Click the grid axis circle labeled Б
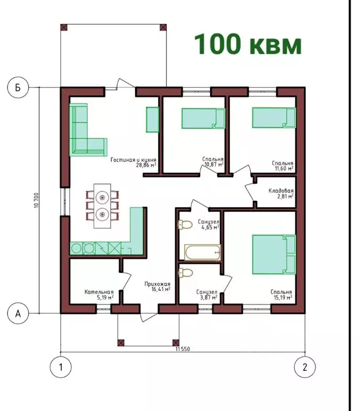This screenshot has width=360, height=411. (18, 87)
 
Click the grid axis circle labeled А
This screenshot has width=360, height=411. (18, 314)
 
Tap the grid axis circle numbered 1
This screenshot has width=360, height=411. (61, 367)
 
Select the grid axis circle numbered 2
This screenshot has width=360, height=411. (305, 367)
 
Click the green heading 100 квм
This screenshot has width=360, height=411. (247, 44)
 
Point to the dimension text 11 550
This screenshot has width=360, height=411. (183, 349)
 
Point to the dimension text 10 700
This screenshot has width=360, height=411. (36, 200)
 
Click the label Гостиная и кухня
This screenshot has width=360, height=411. (133, 159)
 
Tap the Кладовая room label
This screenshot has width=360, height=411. (281, 191)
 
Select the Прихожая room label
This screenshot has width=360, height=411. (157, 284)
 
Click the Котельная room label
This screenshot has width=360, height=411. (99, 292)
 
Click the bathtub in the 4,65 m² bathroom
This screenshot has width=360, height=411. (202, 253)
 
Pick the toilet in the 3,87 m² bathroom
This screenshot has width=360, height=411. (185, 272)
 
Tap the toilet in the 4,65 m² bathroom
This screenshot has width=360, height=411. (185, 225)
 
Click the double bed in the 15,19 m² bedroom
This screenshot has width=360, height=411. (274, 255)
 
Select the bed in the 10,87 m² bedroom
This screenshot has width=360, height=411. (204, 118)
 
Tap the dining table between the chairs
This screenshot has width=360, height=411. (102, 205)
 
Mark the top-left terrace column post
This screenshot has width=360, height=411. (64, 27)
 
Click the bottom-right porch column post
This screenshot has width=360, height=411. (176, 342)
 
